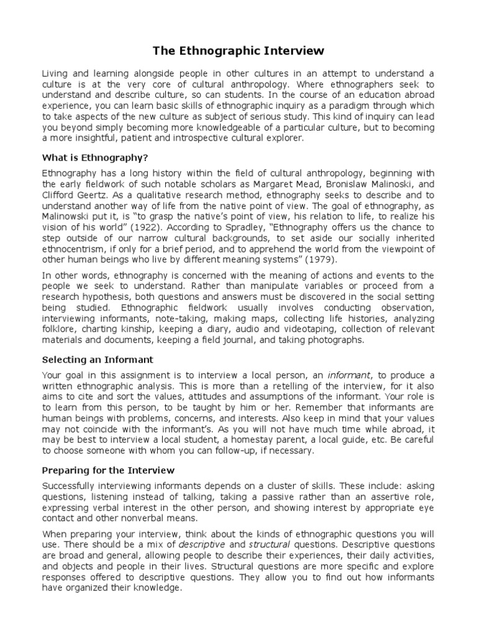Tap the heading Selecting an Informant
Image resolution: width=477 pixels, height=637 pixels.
[x=97, y=359]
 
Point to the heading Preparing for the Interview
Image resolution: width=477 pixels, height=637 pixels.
[x=108, y=470]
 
